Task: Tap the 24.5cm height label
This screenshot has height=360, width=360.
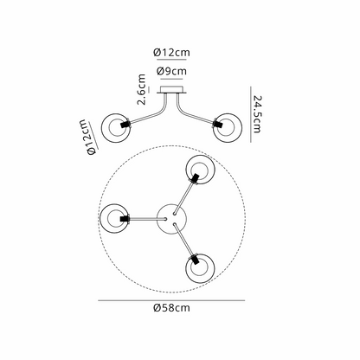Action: pos(257,112)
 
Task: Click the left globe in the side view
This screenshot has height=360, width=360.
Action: pos(117,127)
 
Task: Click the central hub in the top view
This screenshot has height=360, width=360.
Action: pos(170,215)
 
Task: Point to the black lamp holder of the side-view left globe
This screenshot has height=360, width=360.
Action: pos(126,127)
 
